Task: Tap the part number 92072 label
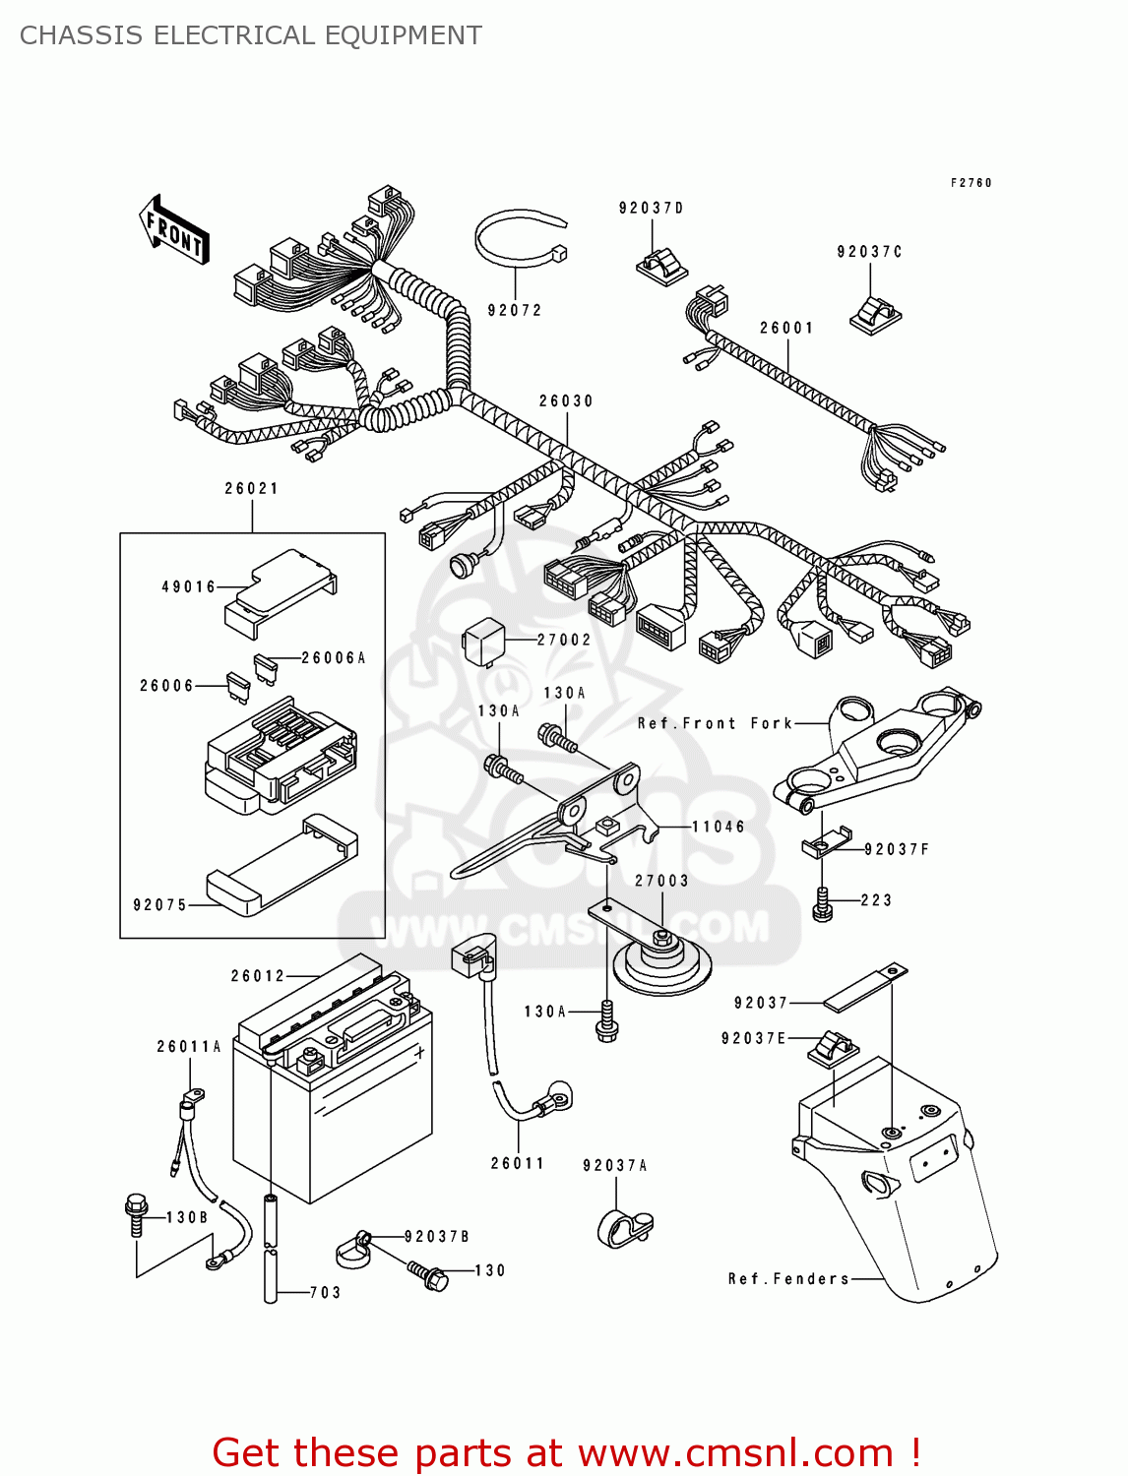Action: [515, 311]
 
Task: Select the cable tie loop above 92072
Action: [519, 239]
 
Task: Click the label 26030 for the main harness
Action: [566, 401]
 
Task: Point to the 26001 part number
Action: [786, 329]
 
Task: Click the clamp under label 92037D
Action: [660, 265]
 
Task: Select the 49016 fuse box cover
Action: [281, 592]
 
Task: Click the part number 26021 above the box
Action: [251, 489]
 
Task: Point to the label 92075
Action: [159, 905]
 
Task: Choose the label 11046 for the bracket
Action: [718, 828]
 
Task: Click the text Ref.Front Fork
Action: [715, 724]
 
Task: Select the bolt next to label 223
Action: [823, 904]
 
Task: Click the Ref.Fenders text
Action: [788, 1279]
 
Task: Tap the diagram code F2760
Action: [971, 183]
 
